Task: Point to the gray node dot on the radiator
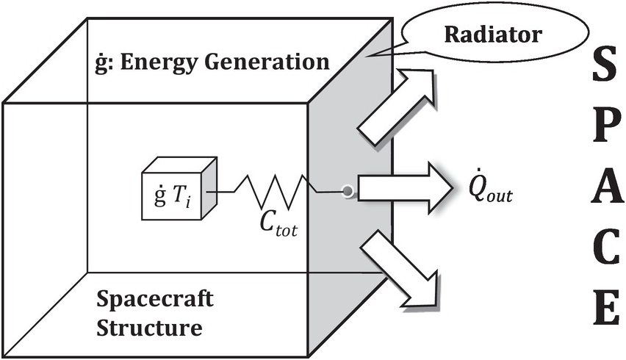[346, 193]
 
